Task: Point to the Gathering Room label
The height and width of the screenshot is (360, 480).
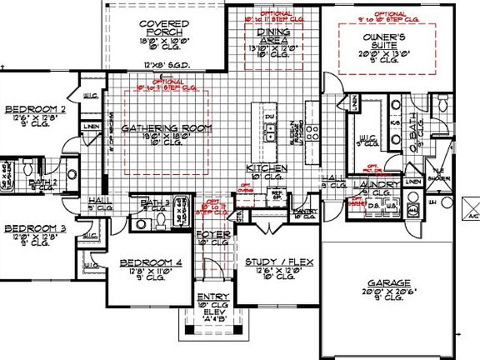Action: tap(167, 129)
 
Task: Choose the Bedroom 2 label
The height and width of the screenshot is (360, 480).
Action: tap(34, 109)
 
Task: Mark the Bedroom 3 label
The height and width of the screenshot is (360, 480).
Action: tap(33, 228)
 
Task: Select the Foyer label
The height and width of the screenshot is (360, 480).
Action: tap(212, 236)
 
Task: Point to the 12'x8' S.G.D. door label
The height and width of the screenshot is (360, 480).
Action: tap(160, 64)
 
